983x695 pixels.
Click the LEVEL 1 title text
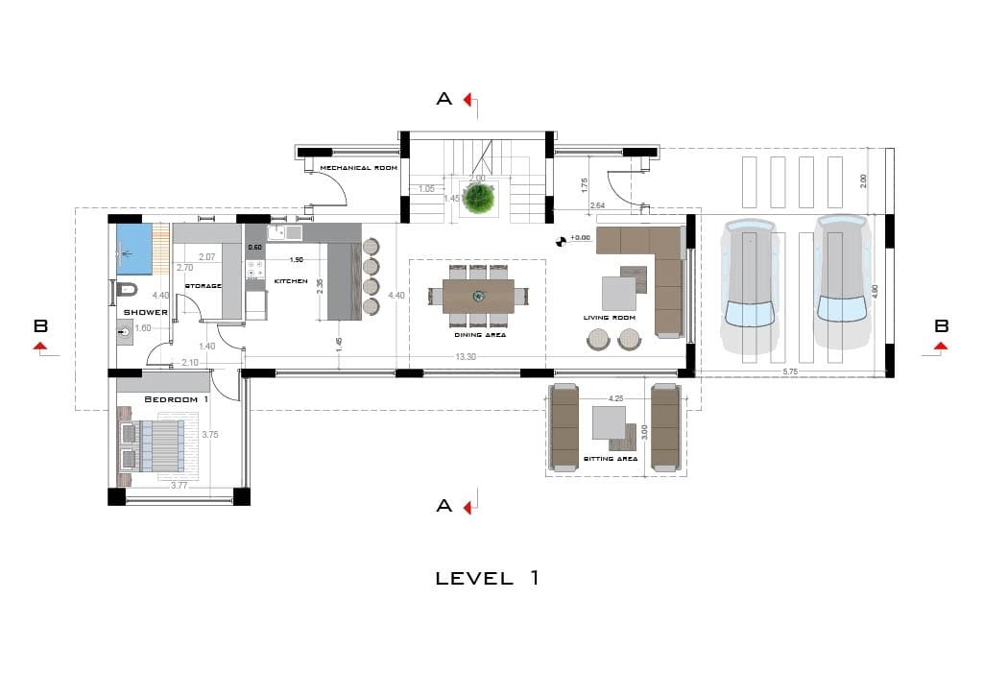(x=488, y=578)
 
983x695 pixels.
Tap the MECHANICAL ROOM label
(x=358, y=168)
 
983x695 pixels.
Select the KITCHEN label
(x=291, y=281)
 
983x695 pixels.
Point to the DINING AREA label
(x=480, y=335)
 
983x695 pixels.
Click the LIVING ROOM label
(x=610, y=318)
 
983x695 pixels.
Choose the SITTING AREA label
(x=611, y=459)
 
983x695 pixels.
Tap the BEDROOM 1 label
(x=177, y=398)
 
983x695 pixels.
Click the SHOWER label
(x=145, y=312)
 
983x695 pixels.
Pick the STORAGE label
(x=204, y=285)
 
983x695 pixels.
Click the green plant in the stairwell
(x=478, y=199)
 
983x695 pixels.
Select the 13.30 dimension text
(x=465, y=356)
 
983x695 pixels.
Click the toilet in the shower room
(x=126, y=288)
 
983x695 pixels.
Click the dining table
(x=478, y=295)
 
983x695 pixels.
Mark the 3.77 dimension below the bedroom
(x=179, y=486)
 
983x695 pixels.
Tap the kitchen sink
(x=285, y=232)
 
